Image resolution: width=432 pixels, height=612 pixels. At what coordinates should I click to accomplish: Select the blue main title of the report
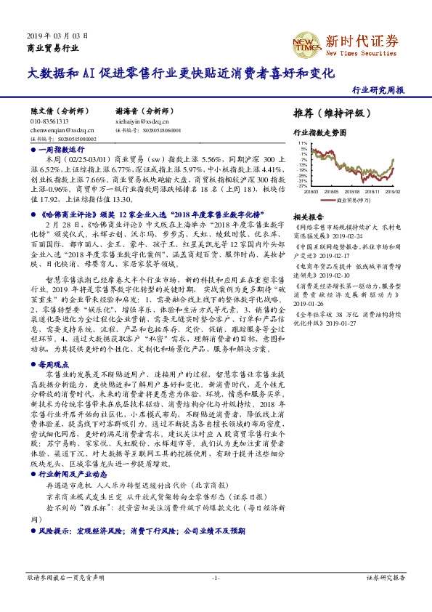pyautogui.click(x=181, y=74)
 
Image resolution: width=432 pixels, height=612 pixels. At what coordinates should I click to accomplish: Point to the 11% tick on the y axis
pyautogui.click(x=302, y=144)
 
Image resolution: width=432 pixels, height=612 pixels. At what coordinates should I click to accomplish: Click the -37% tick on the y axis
pyautogui.click(x=301, y=185)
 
